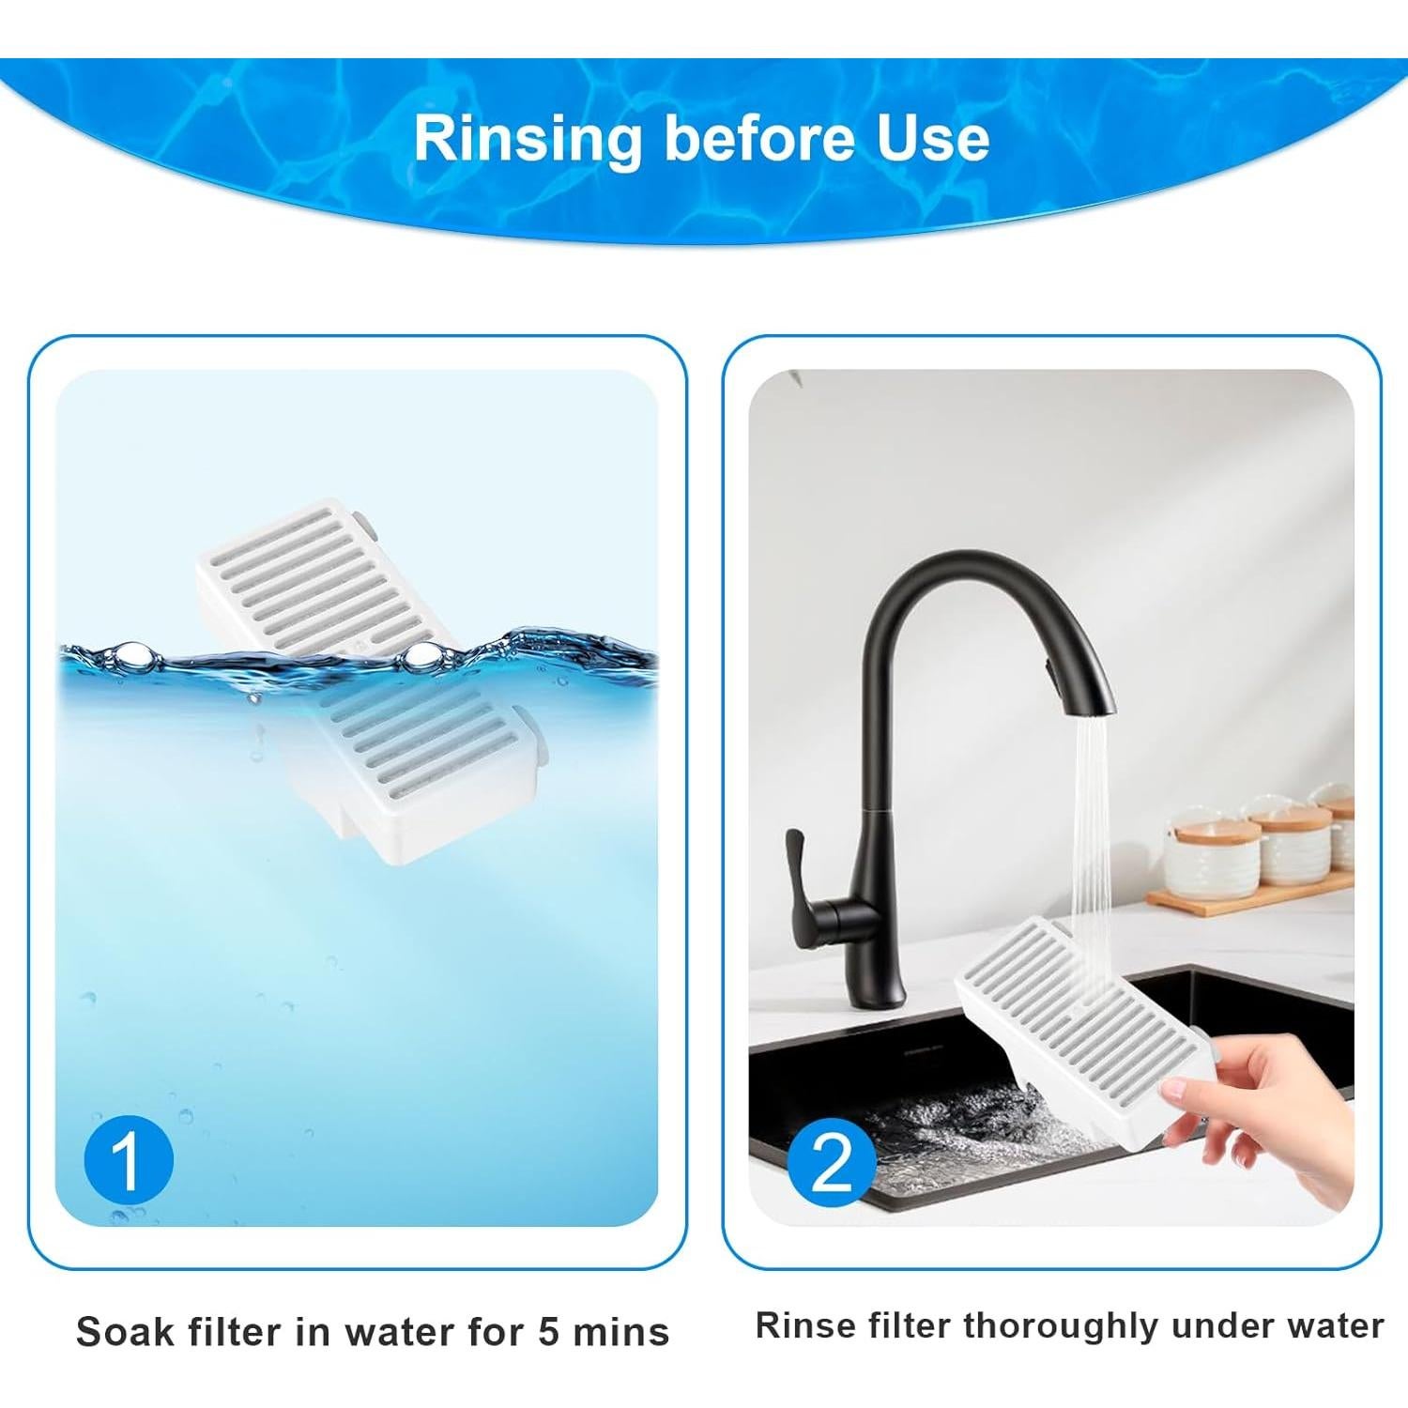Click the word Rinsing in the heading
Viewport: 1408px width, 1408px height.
[528, 139]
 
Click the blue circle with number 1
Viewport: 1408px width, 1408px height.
[129, 1160]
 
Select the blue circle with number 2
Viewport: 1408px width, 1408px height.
[833, 1160]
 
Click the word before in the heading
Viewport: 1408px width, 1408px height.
[743, 139]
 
